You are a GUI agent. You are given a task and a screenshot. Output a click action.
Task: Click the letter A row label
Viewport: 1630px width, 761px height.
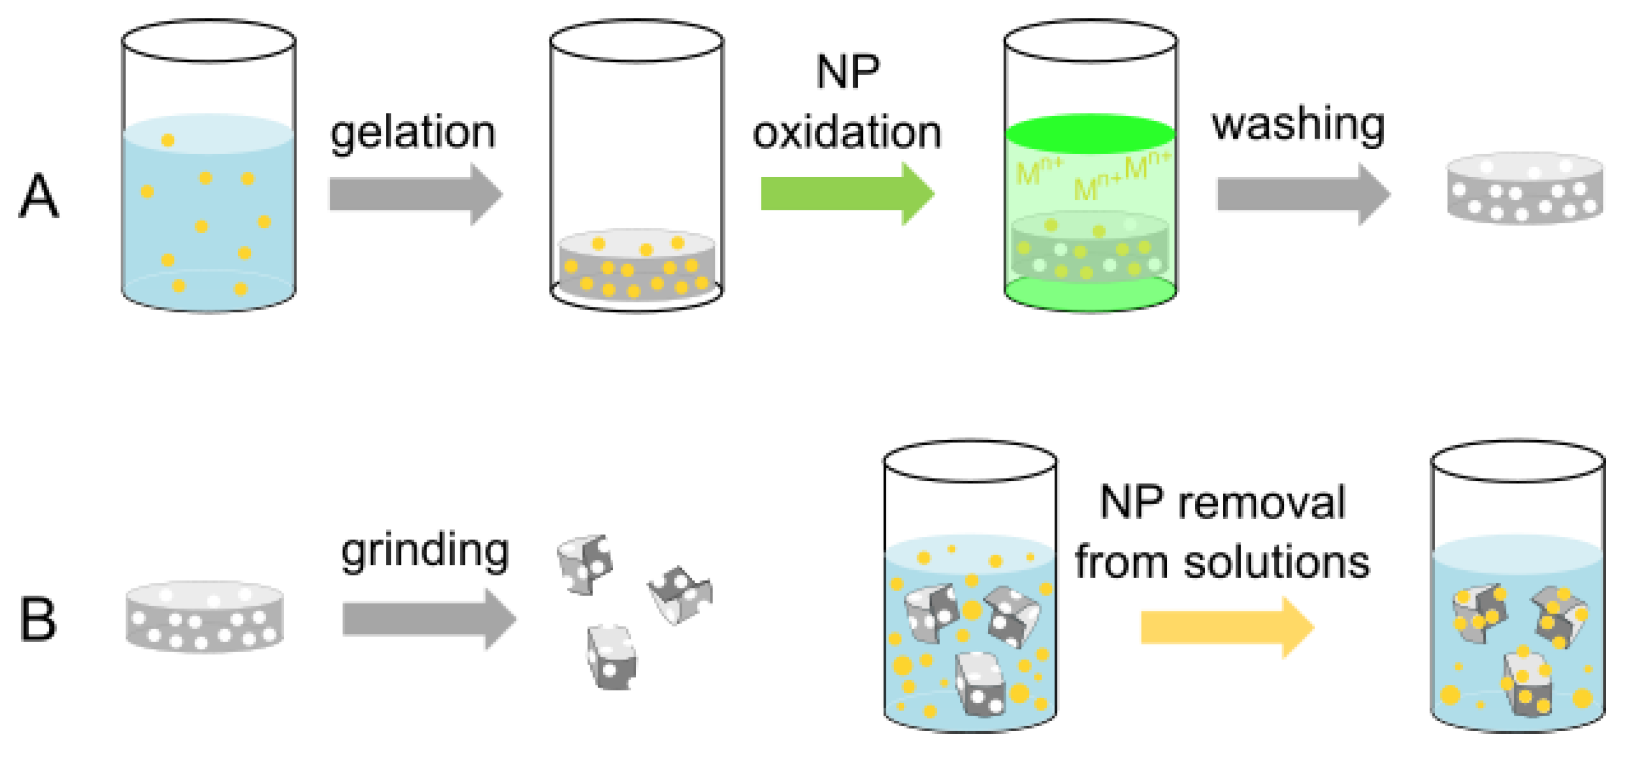pyautogui.click(x=40, y=195)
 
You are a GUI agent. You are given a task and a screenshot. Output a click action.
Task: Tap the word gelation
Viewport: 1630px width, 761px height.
pyautogui.click(x=413, y=134)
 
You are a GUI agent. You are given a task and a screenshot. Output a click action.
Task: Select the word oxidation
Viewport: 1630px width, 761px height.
pyautogui.click(x=847, y=132)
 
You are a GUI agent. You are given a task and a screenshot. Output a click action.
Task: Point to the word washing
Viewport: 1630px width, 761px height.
pyautogui.click(x=1298, y=125)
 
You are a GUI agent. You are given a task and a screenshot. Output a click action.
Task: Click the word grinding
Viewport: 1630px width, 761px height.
pyautogui.click(x=425, y=551)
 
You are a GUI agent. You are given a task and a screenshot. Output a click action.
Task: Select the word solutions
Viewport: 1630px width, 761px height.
pyautogui.click(x=1276, y=562)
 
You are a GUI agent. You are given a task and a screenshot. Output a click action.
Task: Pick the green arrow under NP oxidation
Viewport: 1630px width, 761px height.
pyautogui.click(x=847, y=194)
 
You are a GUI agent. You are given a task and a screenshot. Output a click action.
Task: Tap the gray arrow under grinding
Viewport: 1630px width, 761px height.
pyautogui.click(x=429, y=618)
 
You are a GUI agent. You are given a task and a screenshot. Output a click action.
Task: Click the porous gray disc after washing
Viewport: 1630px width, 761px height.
pyautogui.click(x=1525, y=188)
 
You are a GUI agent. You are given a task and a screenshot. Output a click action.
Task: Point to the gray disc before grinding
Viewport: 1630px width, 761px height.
pyautogui.click(x=204, y=617)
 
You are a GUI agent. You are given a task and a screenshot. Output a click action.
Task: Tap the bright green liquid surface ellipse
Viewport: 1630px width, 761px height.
pyautogui.click(x=1090, y=134)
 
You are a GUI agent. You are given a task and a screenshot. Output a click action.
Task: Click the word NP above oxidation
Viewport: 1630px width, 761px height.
pyautogui.click(x=847, y=72)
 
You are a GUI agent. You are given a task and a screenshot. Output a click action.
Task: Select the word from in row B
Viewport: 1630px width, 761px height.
pyautogui.click(x=1120, y=562)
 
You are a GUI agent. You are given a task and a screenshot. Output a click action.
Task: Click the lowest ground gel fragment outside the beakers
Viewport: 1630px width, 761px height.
pyautogui.click(x=611, y=657)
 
